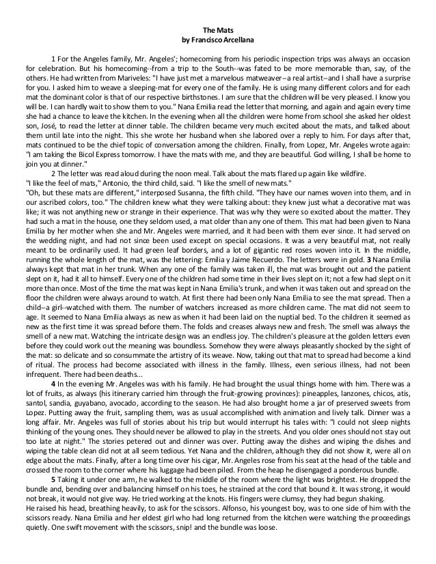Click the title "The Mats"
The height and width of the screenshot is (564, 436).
218,29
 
